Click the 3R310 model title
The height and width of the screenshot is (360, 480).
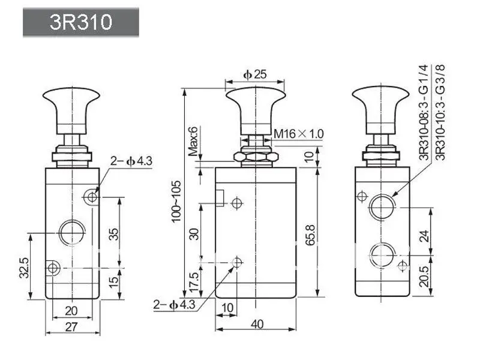coord(81,22)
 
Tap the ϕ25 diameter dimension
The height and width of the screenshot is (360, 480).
coord(254,74)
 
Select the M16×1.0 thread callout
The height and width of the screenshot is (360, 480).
coord(298,134)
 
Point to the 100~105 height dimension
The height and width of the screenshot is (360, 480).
coord(176,201)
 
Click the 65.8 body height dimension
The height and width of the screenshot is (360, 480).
coord(310,235)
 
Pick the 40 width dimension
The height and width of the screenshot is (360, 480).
coord(257,324)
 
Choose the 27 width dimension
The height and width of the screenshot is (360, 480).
coord(71,327)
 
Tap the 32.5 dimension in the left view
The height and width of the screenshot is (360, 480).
coord(24,268)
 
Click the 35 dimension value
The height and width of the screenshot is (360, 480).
coord(113,234)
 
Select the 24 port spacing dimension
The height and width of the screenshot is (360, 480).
coord(424,236)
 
